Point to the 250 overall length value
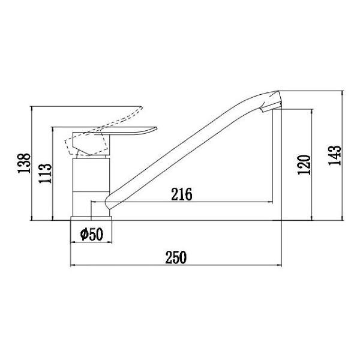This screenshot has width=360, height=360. tap(176, 257)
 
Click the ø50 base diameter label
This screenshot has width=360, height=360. tap(92, 233)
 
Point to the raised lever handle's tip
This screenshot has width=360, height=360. tap(143, 107)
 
